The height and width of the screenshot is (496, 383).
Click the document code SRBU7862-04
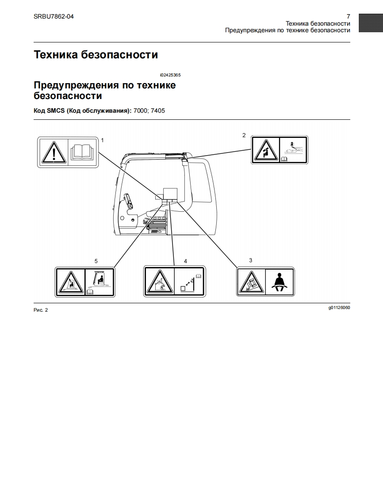(x=54, y=17)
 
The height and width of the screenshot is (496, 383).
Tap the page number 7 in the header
(x=349, y=17)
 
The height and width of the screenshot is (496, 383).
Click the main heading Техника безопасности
(x=96, y=55)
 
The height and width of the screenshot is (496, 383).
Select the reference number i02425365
(x=170, y=75)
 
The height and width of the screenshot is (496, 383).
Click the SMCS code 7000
(x=141, y=111)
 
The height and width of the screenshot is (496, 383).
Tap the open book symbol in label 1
(x=83, y=152)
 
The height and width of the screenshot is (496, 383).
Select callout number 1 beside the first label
(x=103, y=140)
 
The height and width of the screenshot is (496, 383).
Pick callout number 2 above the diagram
(x=244, y=135)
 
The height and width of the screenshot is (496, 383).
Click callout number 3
(x=251, y=260)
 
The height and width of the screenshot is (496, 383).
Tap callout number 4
(x=185, y=261)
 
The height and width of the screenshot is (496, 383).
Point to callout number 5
(x=96, y=261)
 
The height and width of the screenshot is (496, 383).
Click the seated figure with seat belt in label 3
(x=279, y=282)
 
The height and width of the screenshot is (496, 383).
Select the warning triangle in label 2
(x=266, y=150)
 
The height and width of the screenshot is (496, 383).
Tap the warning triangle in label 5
(x=70, y=282)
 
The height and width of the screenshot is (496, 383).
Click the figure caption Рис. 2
(x=41, y=310)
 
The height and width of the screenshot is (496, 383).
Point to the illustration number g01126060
(x=339, y=308)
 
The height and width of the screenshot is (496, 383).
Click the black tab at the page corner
(x=371, y=23)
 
